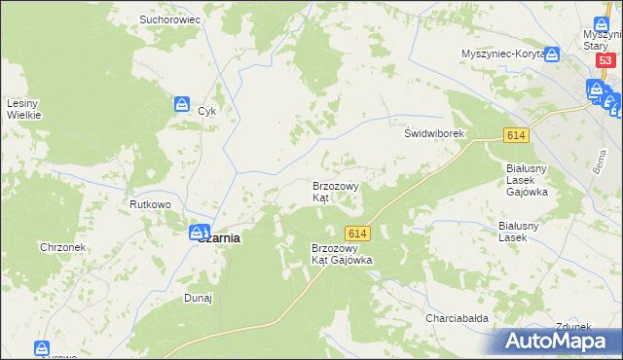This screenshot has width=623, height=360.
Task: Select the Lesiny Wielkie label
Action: [23, 109]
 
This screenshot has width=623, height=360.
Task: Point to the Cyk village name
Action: [206, 111]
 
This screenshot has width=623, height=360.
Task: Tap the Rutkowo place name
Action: [151, 204]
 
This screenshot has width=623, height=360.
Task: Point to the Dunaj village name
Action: [199, 298]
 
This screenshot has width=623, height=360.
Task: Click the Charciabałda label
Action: [456, 318]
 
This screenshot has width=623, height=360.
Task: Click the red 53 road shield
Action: [605, 60]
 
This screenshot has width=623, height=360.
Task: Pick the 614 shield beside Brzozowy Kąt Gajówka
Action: [357, 233]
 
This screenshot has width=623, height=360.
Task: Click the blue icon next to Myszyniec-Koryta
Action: [553, 54]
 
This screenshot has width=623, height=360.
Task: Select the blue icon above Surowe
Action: [42, 347]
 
